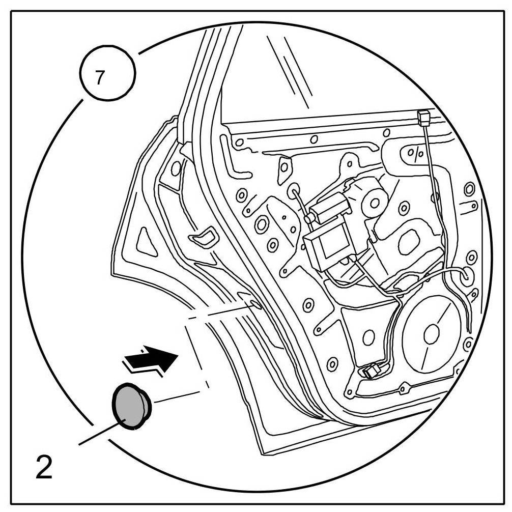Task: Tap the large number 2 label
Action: coord(44,466)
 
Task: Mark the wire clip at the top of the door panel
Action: coord(422,118)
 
